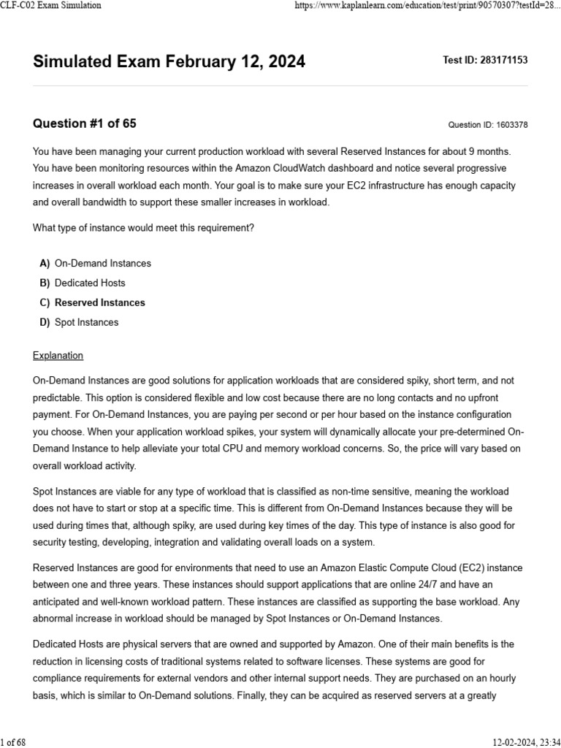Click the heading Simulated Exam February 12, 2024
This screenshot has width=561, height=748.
[169, 62]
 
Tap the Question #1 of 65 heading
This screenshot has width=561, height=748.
[84, 123]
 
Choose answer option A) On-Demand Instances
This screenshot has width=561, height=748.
[103, 263]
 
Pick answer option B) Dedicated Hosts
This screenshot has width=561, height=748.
[90, 283]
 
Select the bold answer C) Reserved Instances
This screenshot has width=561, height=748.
[100, 302]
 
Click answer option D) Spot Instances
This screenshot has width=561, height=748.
[86, 322]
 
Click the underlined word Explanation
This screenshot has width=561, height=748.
[58, 356]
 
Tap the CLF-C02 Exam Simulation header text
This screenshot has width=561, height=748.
[51, 5]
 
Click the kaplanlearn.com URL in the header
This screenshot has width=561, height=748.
[427, 5]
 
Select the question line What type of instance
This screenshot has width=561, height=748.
[143, 228]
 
